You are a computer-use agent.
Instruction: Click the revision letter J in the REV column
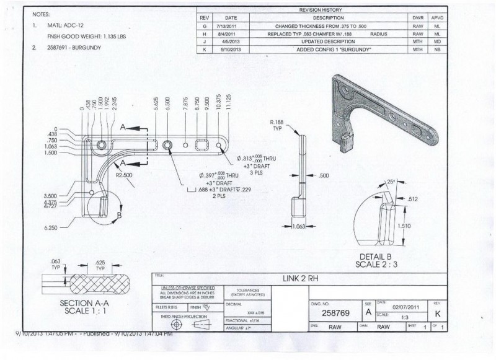[x=204, y=41]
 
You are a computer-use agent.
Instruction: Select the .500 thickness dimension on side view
[x=323, y=176]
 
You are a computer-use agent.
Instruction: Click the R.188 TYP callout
[x=277, y=126]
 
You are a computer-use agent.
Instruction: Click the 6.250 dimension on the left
[x=50, y=228]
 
